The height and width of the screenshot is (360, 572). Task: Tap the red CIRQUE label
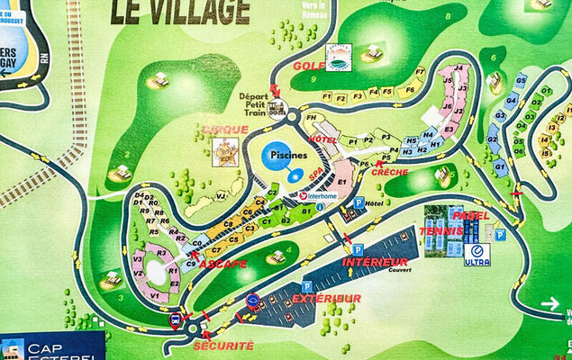coord(224,130)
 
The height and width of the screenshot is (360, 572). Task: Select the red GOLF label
coord(309,65)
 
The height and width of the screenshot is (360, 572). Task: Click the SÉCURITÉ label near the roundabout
coord(222,346)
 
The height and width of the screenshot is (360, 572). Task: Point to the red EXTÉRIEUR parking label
coord(326,298)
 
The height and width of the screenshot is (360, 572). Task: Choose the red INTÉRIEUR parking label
coord(376,262)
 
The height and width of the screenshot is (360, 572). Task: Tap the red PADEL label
coord(471,216)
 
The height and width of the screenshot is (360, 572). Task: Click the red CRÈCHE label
coord(389,172)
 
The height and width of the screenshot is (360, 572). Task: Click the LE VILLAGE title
coord(180,11)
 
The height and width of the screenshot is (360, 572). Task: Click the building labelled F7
coord(420,71)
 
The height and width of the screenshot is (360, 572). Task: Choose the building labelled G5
coord(521,81)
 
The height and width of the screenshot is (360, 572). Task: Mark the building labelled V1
coord(154,294)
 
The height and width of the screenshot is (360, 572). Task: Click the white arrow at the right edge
coord(549,304)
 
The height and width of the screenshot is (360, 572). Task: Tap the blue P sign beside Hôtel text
coord(358,203)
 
